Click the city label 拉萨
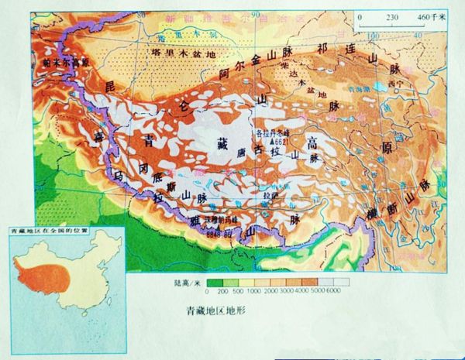(x=270, y=195)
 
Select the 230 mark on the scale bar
(x=392, y=16)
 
